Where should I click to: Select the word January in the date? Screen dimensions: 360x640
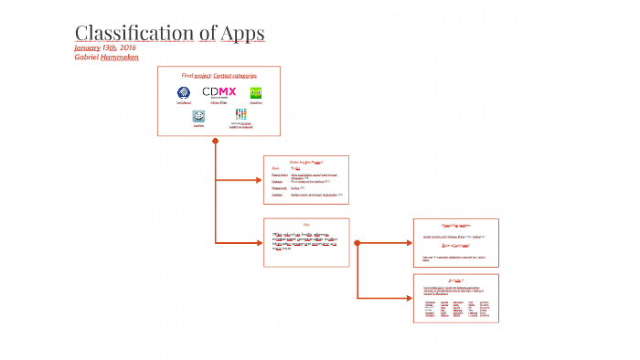tap(88, 48)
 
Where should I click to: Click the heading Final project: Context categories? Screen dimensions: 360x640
tap(219, 75)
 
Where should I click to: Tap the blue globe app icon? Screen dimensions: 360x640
tap(184, 92)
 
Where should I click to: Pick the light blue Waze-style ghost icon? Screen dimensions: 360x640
tap(198, 116)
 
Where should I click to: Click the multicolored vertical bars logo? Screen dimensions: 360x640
tap(240, 114)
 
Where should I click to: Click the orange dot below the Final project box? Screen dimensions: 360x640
tap(216, 141)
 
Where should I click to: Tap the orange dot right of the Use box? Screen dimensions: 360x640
tap(357, 243)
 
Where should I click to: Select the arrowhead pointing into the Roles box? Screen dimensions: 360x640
tap(260, 180)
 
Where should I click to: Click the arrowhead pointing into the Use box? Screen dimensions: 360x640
tap(260, 243)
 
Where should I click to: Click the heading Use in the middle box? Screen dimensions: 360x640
tap(306, 225)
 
